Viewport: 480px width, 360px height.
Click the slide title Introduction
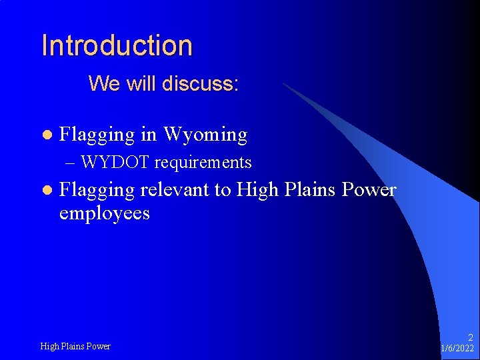(117, 45)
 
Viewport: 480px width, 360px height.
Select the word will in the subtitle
(137, 83)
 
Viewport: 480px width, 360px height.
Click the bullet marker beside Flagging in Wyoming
(46, 135)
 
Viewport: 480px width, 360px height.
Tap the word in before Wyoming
(149, 135)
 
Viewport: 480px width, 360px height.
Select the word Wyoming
(205, 135)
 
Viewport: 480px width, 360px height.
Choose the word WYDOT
(117, 162)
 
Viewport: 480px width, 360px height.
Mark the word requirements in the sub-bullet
(203, 163)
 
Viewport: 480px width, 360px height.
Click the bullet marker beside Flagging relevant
(46, 191)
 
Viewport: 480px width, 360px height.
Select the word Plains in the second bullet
(310, 190)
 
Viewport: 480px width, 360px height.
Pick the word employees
(104, 213)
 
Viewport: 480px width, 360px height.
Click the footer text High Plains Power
(75, 346)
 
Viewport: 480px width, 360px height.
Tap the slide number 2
(470, 338)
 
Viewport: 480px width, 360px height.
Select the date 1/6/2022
(457, 349)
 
